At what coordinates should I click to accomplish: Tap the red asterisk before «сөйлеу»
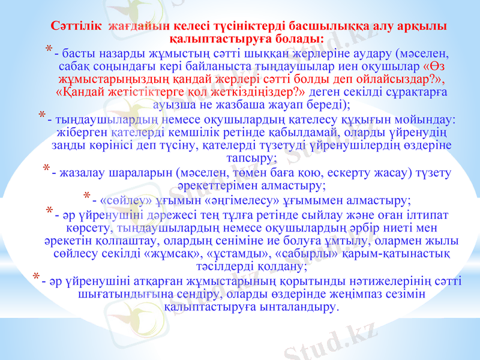click(x=88, y=196)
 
